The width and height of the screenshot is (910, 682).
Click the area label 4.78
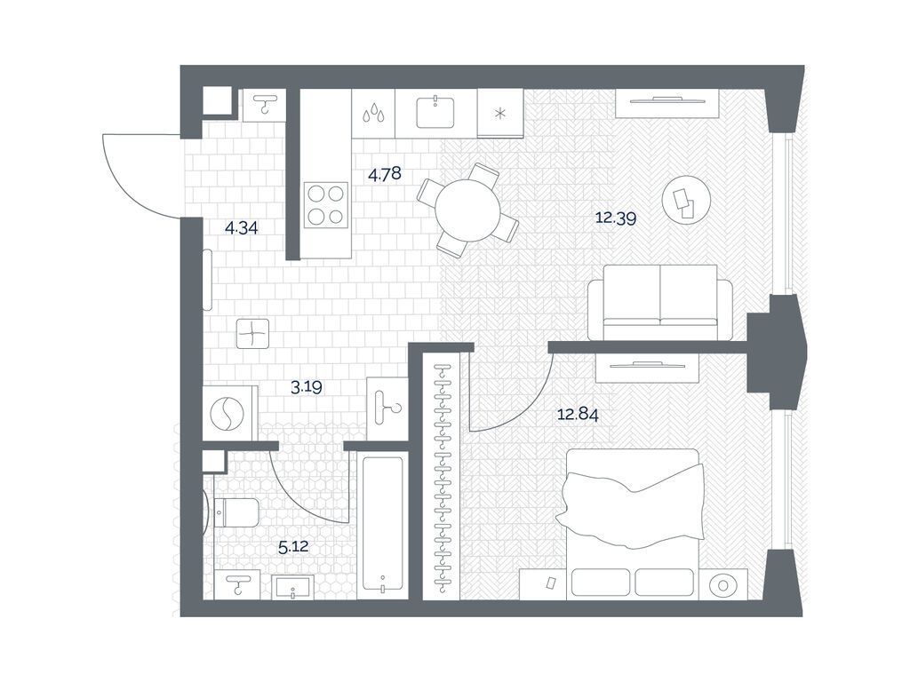[385, 173]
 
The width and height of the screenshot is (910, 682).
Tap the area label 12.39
[616, 218]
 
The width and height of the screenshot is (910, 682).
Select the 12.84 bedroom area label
[578, 415]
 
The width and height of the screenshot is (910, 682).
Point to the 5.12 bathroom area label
[293, 547]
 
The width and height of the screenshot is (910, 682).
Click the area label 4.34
[242, 228]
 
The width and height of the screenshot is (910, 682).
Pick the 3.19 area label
[307, 387]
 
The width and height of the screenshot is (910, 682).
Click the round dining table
[467, 210]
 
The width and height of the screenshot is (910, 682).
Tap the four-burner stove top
[326, 205]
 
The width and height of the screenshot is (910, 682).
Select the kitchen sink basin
[435, 112]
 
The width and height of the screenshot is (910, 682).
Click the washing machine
[230, 413]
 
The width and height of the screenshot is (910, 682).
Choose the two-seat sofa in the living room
[660, 302]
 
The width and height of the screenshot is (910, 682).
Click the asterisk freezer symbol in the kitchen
[499, 114]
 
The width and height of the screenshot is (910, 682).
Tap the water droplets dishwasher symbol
[373, 113]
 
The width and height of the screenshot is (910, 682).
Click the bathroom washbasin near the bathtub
[293, 587]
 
